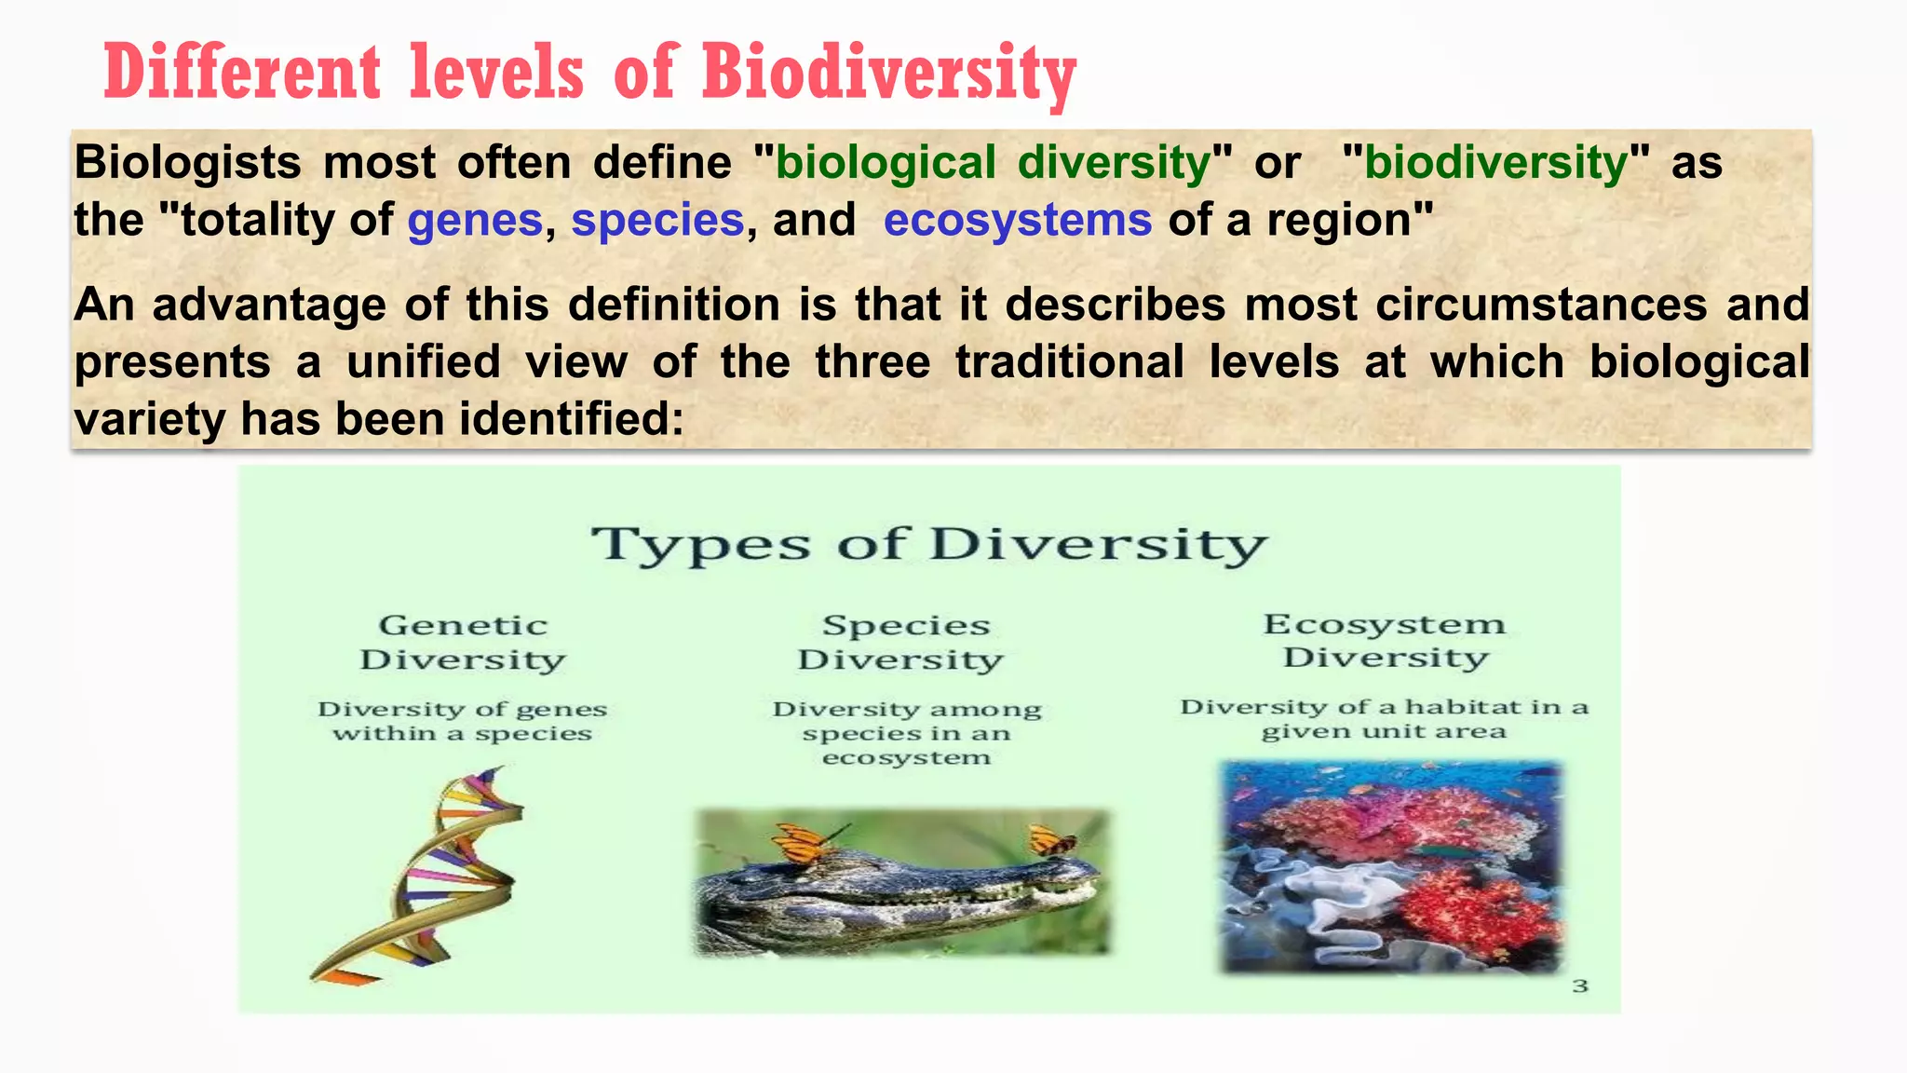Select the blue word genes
pos(475,221)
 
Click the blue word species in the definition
pos(657,221)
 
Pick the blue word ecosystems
pos(1017,221)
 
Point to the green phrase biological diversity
pos(993,163)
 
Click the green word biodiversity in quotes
pos(1495,163)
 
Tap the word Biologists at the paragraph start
pos(187,163)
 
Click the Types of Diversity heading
pos(929,544)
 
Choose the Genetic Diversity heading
pos(463,642)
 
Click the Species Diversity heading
pos(901,642)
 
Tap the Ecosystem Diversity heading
pos(1385,640)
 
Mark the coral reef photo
pos(1391,866)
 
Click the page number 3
pos(1580,985)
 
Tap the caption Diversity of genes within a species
pos(463,721)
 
